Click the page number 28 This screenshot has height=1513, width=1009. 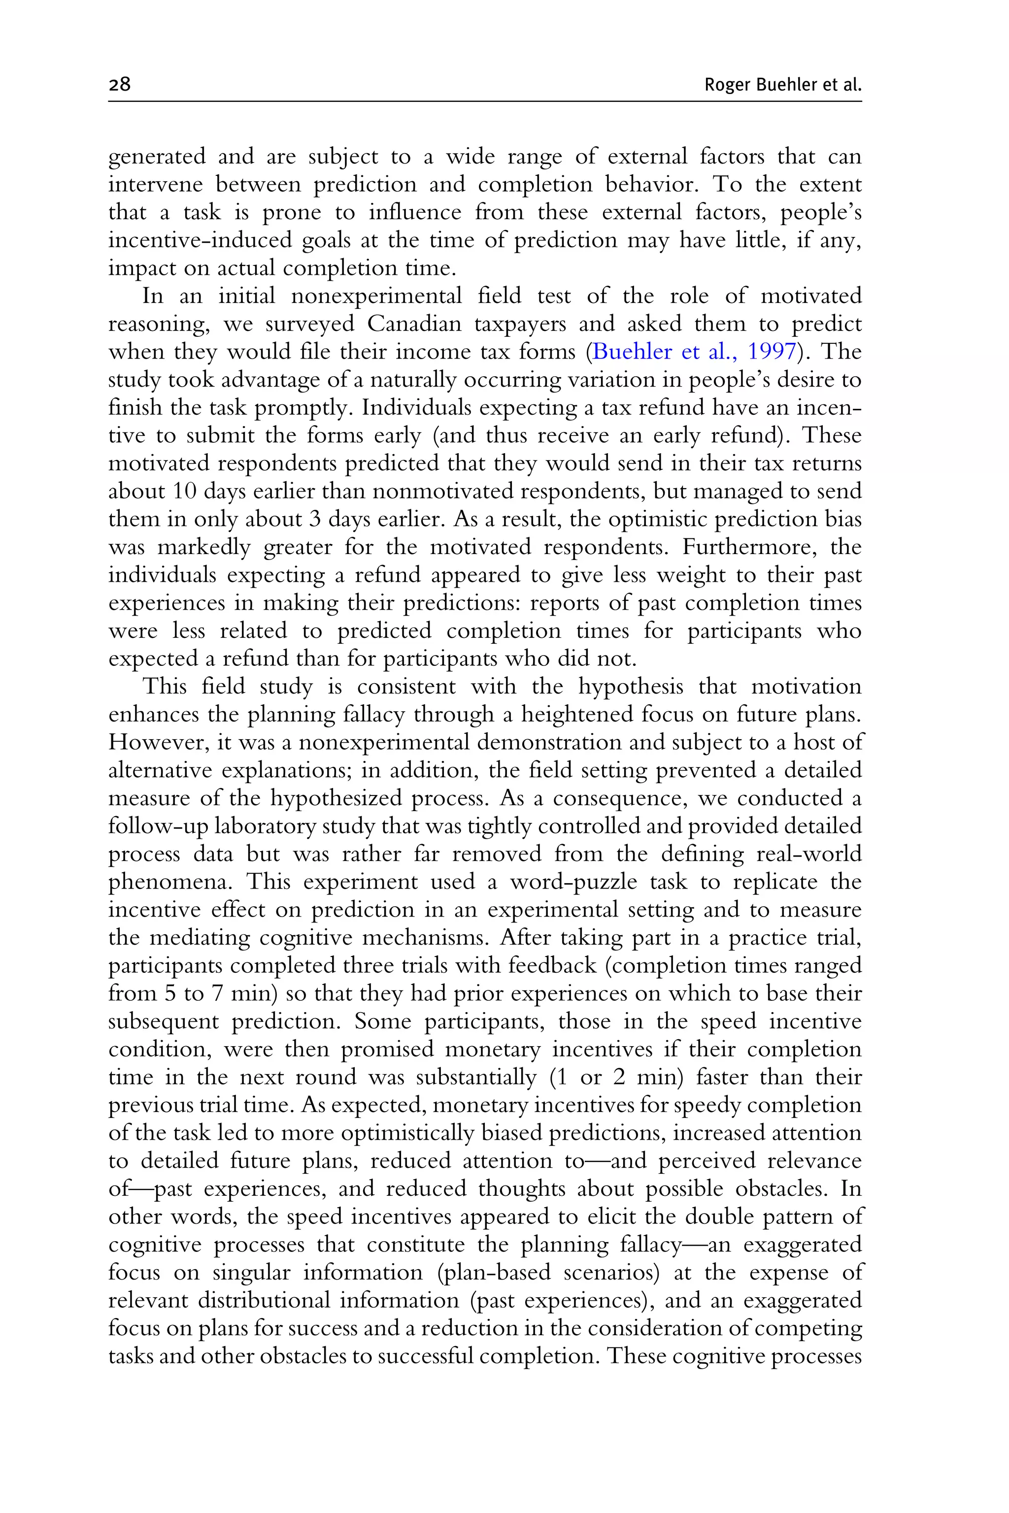[x=120, y=84]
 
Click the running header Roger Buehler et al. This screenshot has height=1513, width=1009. [x=782, y=85]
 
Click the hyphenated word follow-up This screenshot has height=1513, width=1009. [x=158, y=826]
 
